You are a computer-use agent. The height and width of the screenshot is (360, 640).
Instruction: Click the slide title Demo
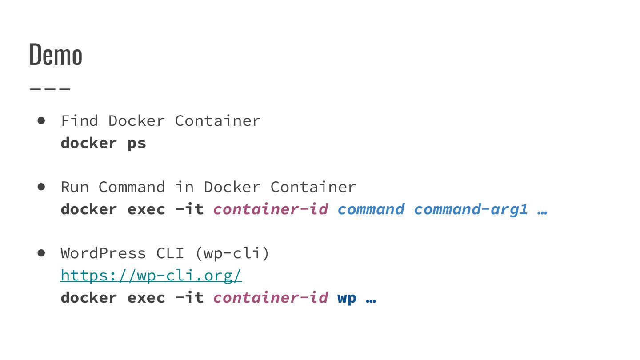[x=56, y=55]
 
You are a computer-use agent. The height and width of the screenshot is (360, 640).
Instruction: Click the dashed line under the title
[x=50, y=88]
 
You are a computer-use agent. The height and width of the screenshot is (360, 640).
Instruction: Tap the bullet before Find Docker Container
[x=42, y=120]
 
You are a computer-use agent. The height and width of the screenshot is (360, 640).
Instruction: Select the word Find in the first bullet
[x=80, y=120]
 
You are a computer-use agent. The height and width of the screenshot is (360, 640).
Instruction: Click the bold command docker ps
[x=103, y=143]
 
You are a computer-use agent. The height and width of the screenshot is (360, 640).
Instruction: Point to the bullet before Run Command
[x=42, y=187]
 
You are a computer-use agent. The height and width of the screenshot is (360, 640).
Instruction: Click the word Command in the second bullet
[x=132, y=187]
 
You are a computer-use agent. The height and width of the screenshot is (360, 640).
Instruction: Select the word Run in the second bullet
[x=75, y=187]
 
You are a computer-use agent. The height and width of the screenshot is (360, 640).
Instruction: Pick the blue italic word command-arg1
[x=471, y=209]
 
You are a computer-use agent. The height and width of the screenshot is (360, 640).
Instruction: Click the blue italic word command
[x=371, y=209]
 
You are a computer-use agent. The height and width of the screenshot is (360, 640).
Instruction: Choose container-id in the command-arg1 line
[x=271, y=209]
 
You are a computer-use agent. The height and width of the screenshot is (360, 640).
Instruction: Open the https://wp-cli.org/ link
[x=151, y=276]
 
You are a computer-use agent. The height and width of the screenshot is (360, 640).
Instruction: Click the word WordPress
[x=103, y=253]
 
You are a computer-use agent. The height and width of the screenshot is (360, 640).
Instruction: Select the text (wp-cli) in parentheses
[x=232, y=253]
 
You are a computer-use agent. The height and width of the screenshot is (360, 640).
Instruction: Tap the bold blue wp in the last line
[x=347, y=298]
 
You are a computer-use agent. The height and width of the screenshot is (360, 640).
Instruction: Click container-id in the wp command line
[x=271, y=297]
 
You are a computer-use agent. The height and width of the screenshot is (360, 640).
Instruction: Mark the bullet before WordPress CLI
[x=42, y=253]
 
